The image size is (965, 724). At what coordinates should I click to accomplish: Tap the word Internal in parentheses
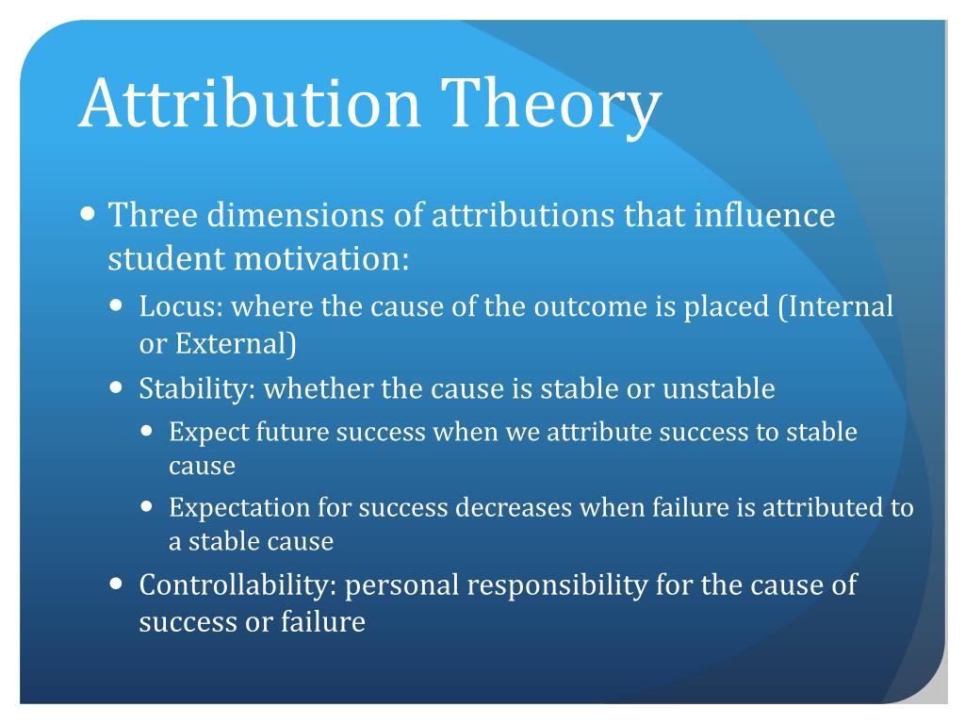(841, 306)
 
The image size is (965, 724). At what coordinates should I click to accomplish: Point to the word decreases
(515, 508)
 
